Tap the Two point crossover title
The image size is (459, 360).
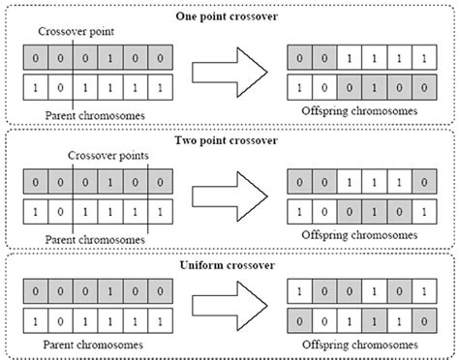(x=229, y=140)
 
